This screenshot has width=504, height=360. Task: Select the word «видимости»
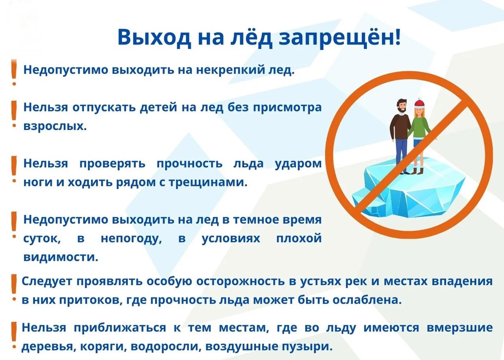pos(61,257)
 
